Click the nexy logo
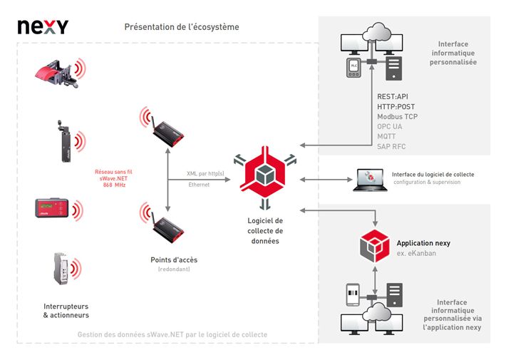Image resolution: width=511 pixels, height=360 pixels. click(43, 27)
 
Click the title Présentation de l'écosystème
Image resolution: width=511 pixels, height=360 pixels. click(182, 27)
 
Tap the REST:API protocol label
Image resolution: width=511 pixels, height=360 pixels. click(393, 96)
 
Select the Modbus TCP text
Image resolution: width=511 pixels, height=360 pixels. click(397, 116)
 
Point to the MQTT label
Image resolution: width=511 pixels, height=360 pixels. click(386, 136)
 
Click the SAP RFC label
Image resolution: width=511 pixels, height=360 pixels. click(391, 146)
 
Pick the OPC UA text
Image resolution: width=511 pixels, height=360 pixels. click(389, 126)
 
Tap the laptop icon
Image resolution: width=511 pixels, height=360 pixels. click(370, 180)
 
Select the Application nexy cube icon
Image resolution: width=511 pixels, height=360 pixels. click(375, 246)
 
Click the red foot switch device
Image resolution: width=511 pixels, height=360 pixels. click(57, 73)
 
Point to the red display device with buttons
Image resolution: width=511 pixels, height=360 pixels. click(52, 207)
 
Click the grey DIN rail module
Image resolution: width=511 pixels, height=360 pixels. click(61, 268)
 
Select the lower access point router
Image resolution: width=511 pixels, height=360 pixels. click(167, 230)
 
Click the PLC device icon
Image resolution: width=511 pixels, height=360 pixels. click(354, 68)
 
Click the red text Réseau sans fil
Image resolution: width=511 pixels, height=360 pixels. click(113, 172)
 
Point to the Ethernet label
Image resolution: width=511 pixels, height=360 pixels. click(199, 185)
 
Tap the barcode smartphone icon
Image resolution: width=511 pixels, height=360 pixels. click(353, 294)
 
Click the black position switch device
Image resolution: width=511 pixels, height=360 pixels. click(65, 141)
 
